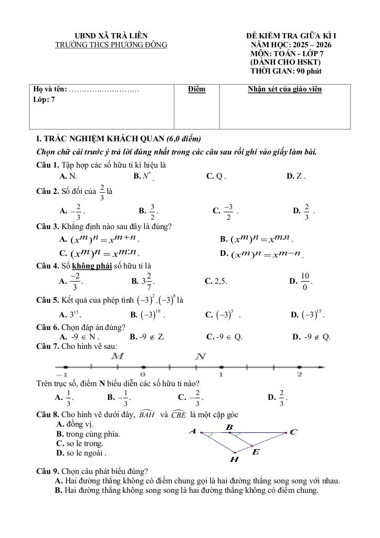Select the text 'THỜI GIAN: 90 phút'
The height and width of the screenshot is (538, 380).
tap(286, 71)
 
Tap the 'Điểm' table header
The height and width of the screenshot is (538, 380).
tap(196, 89)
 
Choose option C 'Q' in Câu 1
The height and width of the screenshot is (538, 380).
tap(216, 177)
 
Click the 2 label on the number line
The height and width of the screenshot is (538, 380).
tap(299, 375)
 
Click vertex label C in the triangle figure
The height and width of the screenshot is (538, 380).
tap(293, 432)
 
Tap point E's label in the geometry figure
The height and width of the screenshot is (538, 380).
tap(256, 451)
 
